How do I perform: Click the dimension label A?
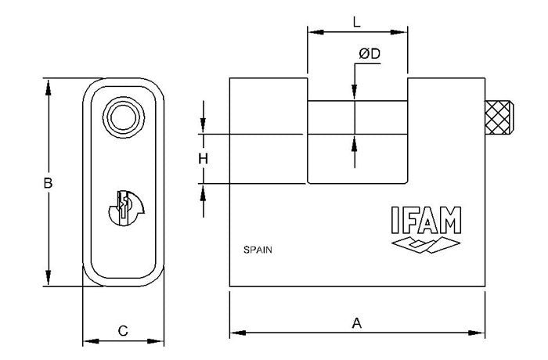click(357, 322)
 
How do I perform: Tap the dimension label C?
click(123, 330)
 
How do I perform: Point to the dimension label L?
click(357, 23)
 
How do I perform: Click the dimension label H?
click(203, 159)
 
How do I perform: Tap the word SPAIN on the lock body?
click(258, 251)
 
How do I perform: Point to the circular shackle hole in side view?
click(123, 117)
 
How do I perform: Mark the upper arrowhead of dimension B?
click(49, 85)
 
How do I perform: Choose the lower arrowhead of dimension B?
click(49, 280)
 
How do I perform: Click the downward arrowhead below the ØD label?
click(355, 94)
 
